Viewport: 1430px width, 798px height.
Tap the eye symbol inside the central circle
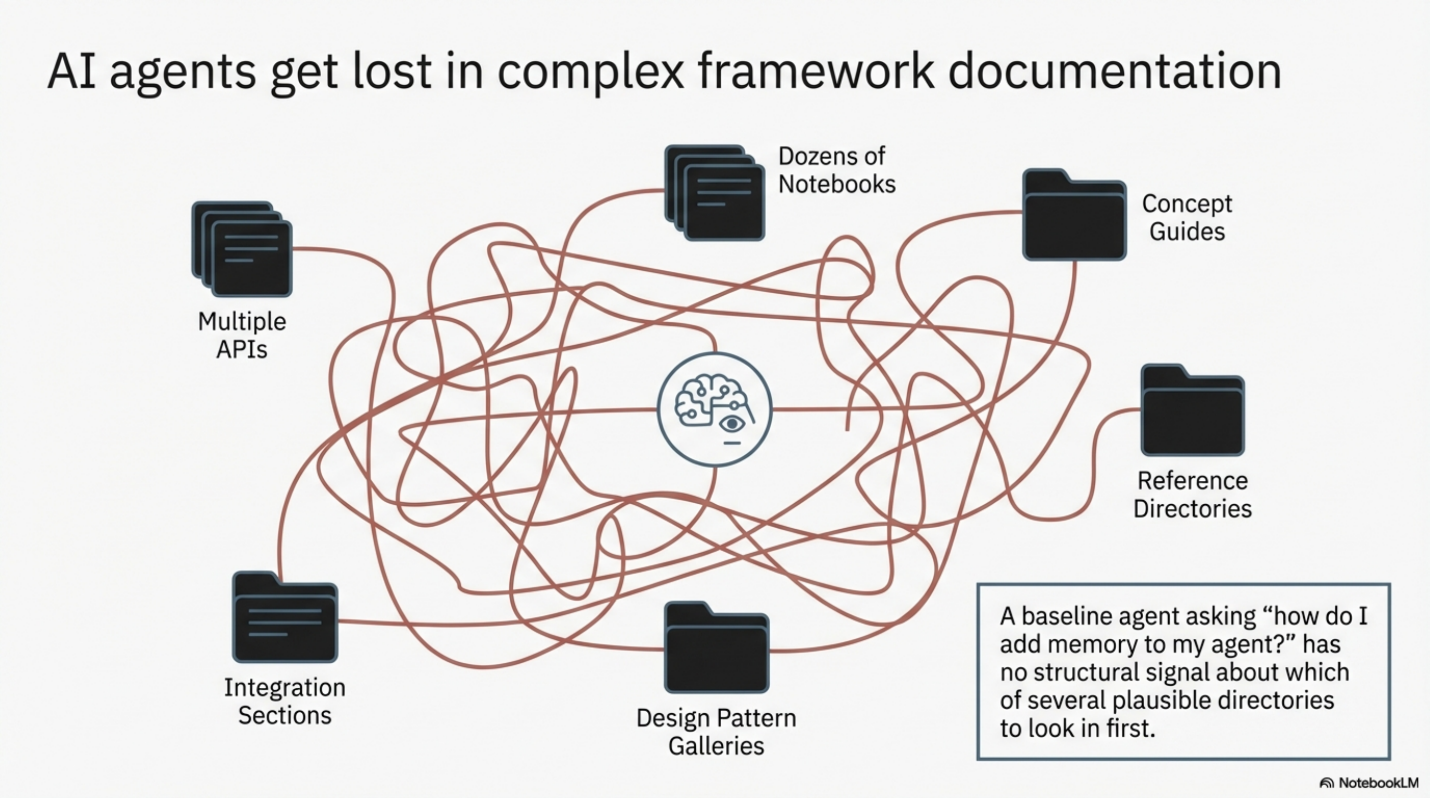(732, 424)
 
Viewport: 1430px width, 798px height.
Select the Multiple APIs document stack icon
(242, 249)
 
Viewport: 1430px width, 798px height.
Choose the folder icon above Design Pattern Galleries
(716, 648)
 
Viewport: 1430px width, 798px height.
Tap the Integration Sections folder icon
(285, 618)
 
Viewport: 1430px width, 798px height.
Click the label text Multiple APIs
(242, 335)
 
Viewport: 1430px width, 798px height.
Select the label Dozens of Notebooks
(836, 170)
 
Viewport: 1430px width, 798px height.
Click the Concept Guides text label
(1187, 217)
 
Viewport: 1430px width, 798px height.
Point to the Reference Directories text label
(1193, 494)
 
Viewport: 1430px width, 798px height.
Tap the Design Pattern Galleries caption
(716, 731)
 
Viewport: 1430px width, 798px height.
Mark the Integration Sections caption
(285, 701)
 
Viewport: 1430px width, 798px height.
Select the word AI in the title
(71, 72)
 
